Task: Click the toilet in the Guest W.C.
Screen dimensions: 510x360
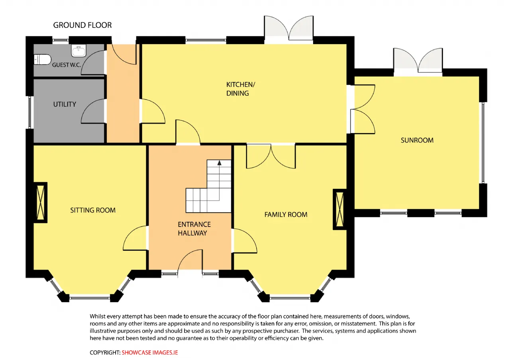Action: click(42, 59)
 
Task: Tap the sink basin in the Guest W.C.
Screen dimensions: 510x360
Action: click(78, 50)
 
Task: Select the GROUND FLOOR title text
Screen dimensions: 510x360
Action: click(82, 25)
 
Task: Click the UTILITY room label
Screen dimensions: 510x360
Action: click(65, 104)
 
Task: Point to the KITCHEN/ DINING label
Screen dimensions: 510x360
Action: click(241, 89)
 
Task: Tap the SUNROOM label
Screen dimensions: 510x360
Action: click(417, 140)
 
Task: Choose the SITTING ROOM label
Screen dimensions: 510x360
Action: click(93, 210)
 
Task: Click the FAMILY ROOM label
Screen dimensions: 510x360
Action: click(286, 214)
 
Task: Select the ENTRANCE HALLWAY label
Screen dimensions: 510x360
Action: click(194, 229)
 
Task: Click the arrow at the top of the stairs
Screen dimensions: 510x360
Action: click(219, 162)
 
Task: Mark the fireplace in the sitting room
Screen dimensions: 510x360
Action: click(41, 202)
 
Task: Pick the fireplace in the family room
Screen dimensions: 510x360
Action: click(340, 209)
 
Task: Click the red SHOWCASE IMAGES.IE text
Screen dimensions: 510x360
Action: click(149, 352)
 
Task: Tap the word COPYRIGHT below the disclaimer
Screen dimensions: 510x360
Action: click(105, 352)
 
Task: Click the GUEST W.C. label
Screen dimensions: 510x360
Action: click(67, 65)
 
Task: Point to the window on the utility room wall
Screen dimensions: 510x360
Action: click(29, 112)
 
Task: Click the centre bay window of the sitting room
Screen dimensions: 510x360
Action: click(90, 297)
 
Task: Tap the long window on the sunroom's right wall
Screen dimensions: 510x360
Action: click(483, 143)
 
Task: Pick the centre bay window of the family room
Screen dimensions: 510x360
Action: click(290, 297)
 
